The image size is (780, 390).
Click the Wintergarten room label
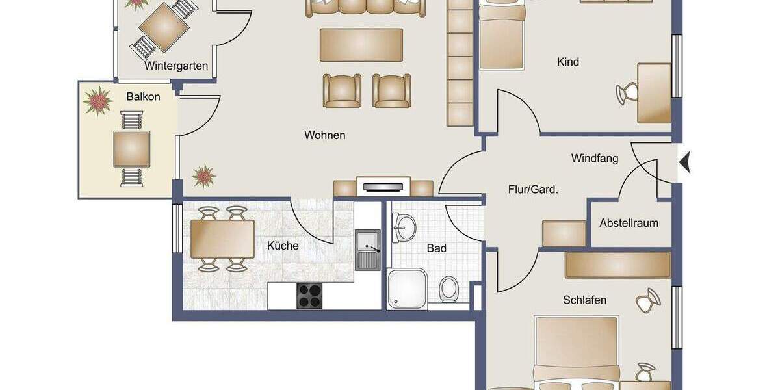point(176,66)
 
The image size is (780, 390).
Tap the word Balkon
point(143,96)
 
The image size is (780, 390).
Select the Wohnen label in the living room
point(324,135)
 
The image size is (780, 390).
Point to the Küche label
point(283,246)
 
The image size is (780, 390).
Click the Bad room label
point(436,248)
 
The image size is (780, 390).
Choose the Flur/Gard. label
point(533,190)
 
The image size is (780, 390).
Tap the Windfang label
point(594,158)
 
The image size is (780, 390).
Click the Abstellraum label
point(629,223)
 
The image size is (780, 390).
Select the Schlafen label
point(584,300)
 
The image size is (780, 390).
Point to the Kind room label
point(567,62)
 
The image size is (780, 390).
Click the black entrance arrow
point(684,161)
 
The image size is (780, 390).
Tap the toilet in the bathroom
point(448,289)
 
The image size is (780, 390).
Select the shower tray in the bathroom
point(408,289)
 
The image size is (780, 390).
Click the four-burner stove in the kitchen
point(310,296)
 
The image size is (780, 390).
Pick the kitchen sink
point(368,250)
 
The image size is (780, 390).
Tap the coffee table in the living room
point(361,45)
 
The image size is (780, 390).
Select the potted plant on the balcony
point(98,101)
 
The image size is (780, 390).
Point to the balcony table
point(132,149)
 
